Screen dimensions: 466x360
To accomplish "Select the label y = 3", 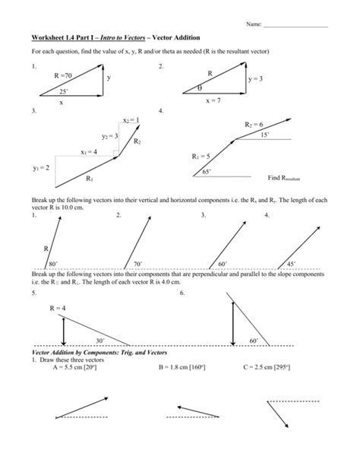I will [254, 78].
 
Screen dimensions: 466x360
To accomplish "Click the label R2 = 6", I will [253, 124].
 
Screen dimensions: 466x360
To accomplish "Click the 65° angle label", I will [205, 173].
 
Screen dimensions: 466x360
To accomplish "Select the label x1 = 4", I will [89, 151].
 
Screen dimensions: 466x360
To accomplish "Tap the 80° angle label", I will [53, 263].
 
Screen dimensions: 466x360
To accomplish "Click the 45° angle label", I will [291, 263].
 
